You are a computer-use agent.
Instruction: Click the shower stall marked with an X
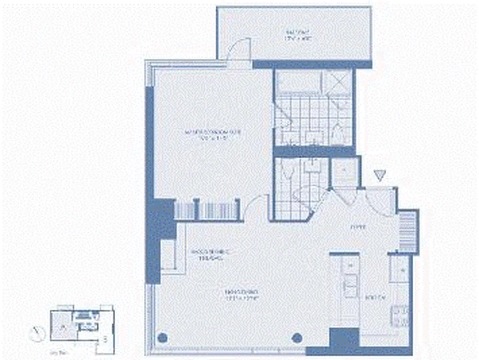[x=338, y=82]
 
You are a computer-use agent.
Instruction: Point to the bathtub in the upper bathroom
[x=298, y=82]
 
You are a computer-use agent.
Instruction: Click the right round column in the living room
[x=296, y=337]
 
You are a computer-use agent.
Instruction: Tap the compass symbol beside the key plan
[x=37, y=333]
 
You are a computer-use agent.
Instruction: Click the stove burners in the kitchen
[x=400, y=315]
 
